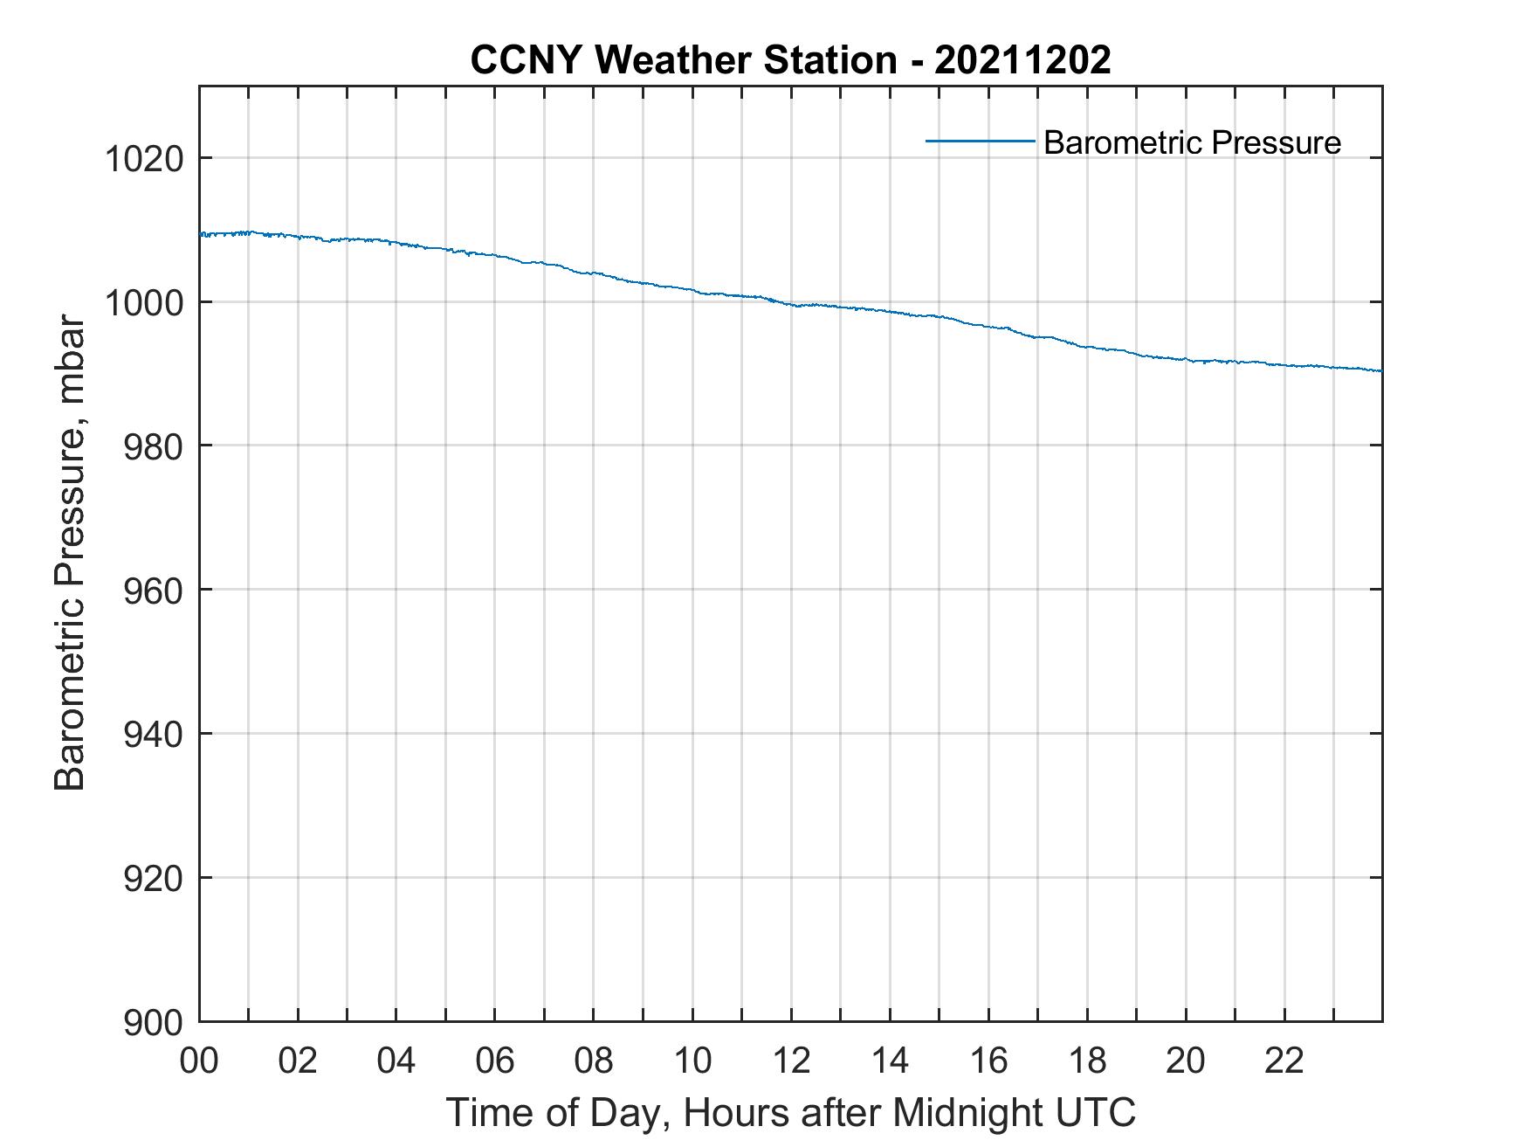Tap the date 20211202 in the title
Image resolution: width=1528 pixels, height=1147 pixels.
click(x=1022, y=60)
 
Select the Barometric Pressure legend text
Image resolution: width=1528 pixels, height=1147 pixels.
click(x=1192, y=142)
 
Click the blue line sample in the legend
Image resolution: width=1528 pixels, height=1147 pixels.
click(x=980, y=141)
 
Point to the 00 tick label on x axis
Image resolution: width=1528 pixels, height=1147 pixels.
click(x=199, y=1061)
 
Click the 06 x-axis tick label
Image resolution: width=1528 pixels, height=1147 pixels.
click(x=494, y=1061)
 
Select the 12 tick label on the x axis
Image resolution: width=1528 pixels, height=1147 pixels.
click(x=791, y=1061)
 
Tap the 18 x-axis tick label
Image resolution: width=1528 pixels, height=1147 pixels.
click(x=1087, y=1061)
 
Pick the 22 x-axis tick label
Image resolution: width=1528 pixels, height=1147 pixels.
click(x=1284, y=1061)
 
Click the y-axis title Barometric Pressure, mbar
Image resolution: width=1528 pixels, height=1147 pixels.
click(x=70, y=553)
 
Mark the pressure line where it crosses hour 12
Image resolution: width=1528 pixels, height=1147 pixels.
click(x=791, y=304)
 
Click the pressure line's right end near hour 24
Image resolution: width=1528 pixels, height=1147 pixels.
click(x=1380, y=370)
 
